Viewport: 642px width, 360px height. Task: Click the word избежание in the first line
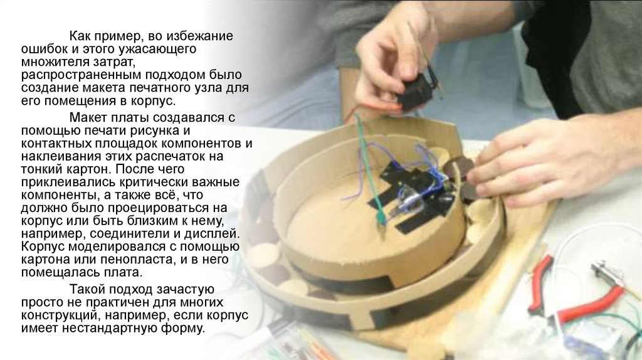click(x=200, y=36)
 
